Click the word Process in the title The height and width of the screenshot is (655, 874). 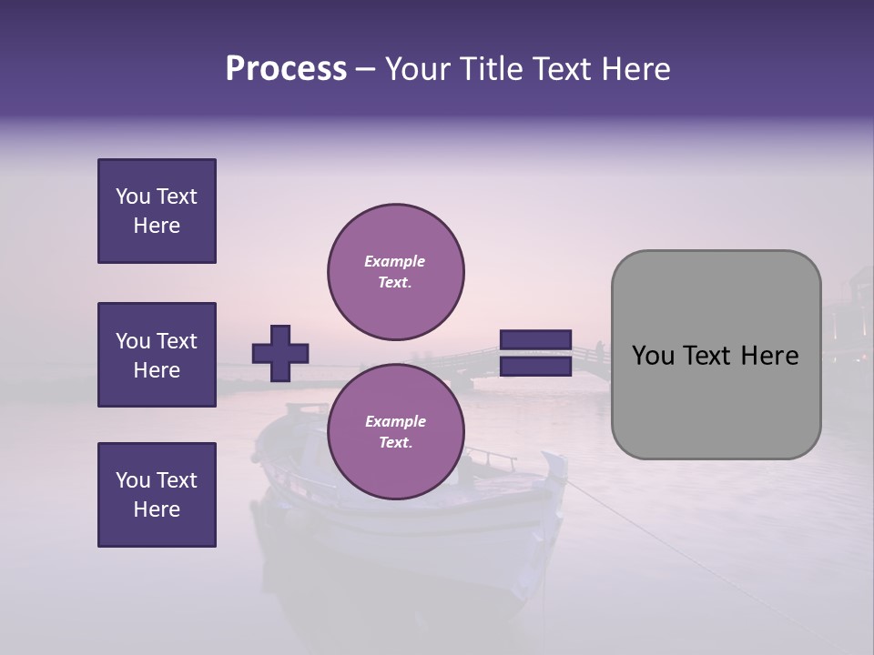click(x=286, y=69)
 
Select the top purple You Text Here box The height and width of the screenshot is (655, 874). click(x=157, y=211)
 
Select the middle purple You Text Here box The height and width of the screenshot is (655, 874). click(x=157, y=355)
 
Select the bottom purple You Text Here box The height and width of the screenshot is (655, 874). click(x=157, y=495)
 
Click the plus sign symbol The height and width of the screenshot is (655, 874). click(x=280, y=353)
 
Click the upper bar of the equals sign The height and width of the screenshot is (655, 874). click(x=535, y=339)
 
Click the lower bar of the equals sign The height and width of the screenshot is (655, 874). click(x=535, y=367)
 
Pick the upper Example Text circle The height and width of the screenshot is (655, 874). click(x=396, y=272)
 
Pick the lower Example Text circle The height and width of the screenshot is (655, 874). click(x=396, y=432)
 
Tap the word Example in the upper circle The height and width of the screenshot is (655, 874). click(x=394, y=261)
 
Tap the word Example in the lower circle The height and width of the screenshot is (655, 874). click(x=394, y=421)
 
